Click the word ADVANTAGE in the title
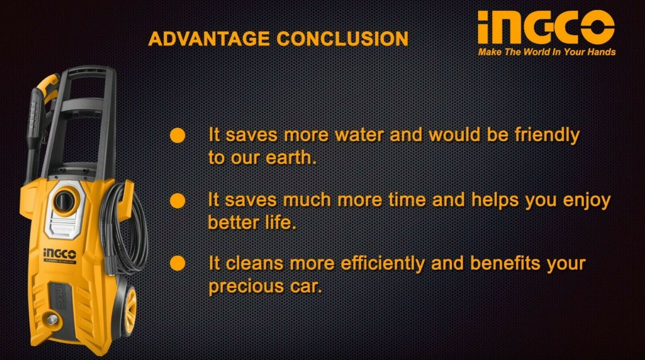[209, 39]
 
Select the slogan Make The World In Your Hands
[547, 52]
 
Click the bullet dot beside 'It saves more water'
[178, 135]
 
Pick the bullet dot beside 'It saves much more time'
[178, 201]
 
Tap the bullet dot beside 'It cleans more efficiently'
[178, 263]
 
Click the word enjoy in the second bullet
[587, 201]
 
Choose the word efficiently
[383, 264]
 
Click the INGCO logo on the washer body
[60, 254]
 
